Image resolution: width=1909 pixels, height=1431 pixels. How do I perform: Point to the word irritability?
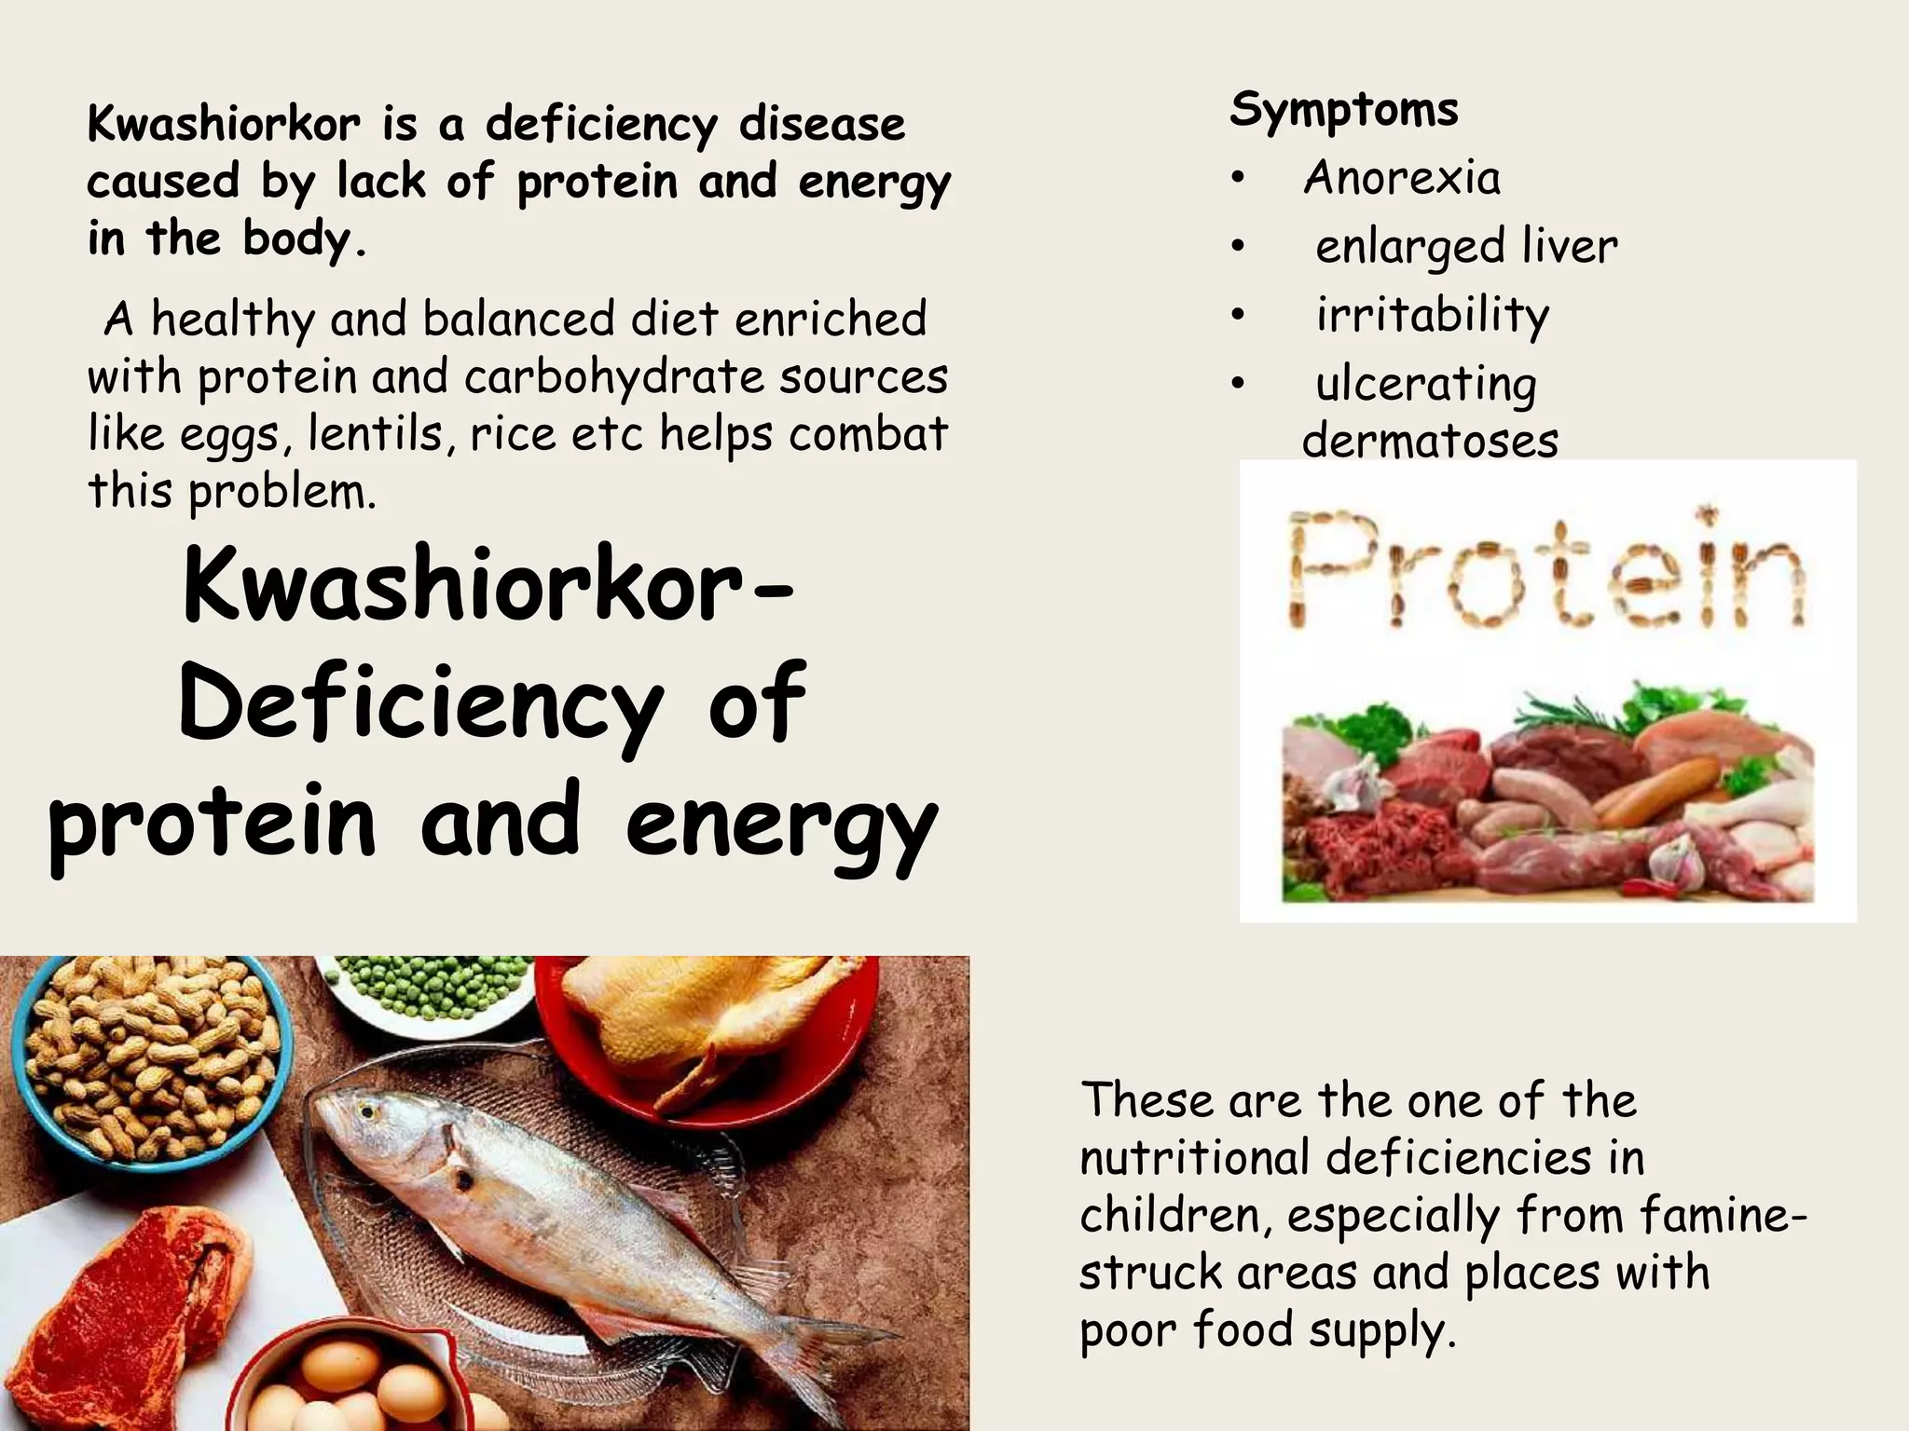(1432, 314)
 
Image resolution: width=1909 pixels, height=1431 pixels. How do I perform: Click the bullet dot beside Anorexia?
(1237, 179)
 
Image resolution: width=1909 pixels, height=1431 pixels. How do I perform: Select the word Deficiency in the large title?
(419, 703)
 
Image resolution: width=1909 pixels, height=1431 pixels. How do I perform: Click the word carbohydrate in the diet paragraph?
(614, 377)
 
